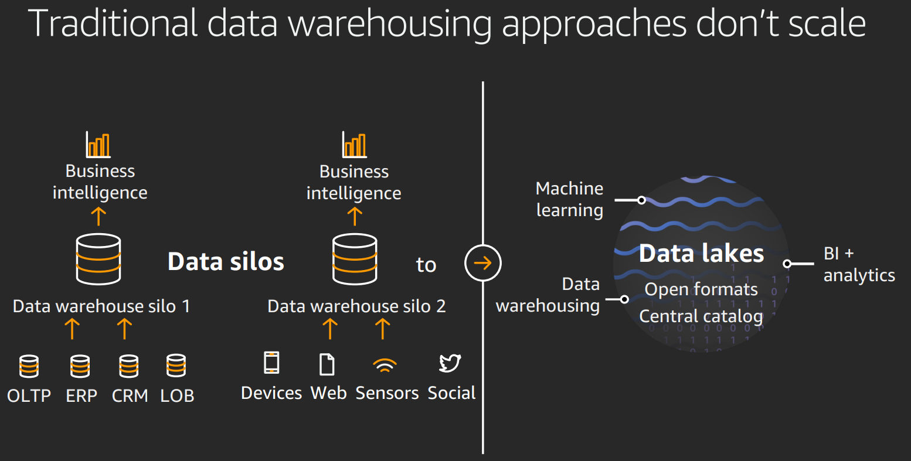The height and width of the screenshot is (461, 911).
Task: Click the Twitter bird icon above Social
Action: (450, 363)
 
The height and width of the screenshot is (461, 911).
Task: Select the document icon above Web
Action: (327, 364)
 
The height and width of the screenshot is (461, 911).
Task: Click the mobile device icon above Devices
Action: (271, 363)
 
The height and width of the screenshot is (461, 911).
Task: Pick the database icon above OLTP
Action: (29, 366)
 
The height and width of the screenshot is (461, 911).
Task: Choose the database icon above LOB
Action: (176, 366)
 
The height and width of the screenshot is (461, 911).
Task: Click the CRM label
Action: (130, 396)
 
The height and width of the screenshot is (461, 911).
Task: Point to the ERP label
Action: (81, 396)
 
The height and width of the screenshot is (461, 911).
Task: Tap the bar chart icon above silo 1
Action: (98, 145)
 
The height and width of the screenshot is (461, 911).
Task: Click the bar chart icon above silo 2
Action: (354, 145)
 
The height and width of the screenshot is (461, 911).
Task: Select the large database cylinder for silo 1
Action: (98, 259)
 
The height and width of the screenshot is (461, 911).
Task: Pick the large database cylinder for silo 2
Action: (354, 259)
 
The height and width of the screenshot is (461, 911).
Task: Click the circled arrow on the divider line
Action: (483, 263)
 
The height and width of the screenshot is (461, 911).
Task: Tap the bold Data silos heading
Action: (226, 262)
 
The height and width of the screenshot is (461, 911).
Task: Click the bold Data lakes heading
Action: (701, 254)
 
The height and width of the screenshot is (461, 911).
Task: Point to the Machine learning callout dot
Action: (641, 200)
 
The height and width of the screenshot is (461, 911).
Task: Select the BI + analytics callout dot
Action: (787, 264)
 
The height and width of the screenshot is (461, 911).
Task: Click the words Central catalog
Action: (701, 316)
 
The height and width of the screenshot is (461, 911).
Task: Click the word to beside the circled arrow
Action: (426, 265)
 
